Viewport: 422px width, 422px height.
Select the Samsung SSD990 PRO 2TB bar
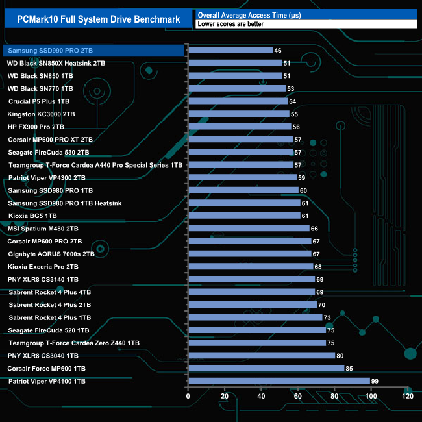(x=230, y=51)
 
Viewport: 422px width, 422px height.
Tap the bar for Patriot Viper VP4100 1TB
(x=279, y=381)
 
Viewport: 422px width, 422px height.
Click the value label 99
(x=375, y=381)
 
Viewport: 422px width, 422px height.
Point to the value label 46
(x=278, y=51)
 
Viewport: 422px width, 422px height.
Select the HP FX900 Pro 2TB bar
(x=240, y=127)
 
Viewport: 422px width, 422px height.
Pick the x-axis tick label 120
(x=408, y=397)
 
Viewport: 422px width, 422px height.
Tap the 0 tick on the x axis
(x=188, y=397)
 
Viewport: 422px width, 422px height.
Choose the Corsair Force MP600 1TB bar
(x=266, y=369)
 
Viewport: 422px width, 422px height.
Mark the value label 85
(x=350, y=369)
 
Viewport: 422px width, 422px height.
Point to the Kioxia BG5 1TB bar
(x=244, y=216)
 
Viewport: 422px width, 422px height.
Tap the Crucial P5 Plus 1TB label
(x=39, y=101)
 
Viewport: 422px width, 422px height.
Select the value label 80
(x=341, y=356)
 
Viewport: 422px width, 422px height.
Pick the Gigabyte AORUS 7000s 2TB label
(x=51, y=254)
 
